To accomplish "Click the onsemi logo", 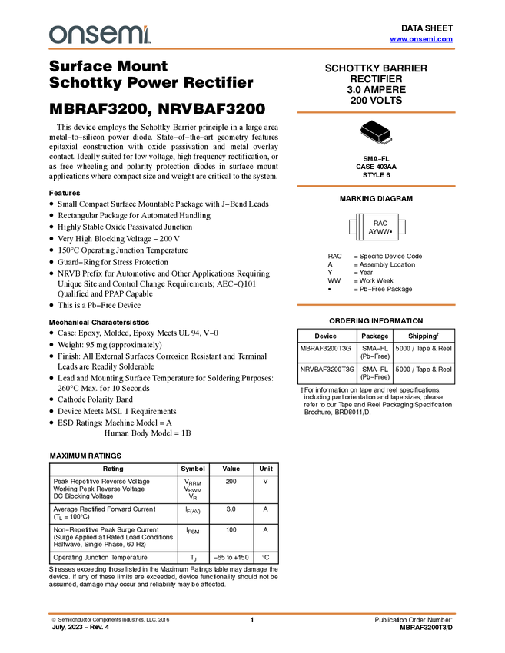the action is (99, 35).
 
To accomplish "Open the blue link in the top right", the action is (421, 39).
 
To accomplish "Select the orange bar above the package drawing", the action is (376, 113).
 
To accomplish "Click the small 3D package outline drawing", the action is (376, 134).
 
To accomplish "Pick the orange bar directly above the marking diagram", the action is (376, 186).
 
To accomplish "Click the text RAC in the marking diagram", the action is (379, 223).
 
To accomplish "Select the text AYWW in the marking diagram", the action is (378, 231).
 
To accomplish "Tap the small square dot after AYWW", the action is (391, 231).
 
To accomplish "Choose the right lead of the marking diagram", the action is (403, 227).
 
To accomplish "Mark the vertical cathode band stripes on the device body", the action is (358, 227).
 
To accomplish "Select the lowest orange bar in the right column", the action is (376, 305).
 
